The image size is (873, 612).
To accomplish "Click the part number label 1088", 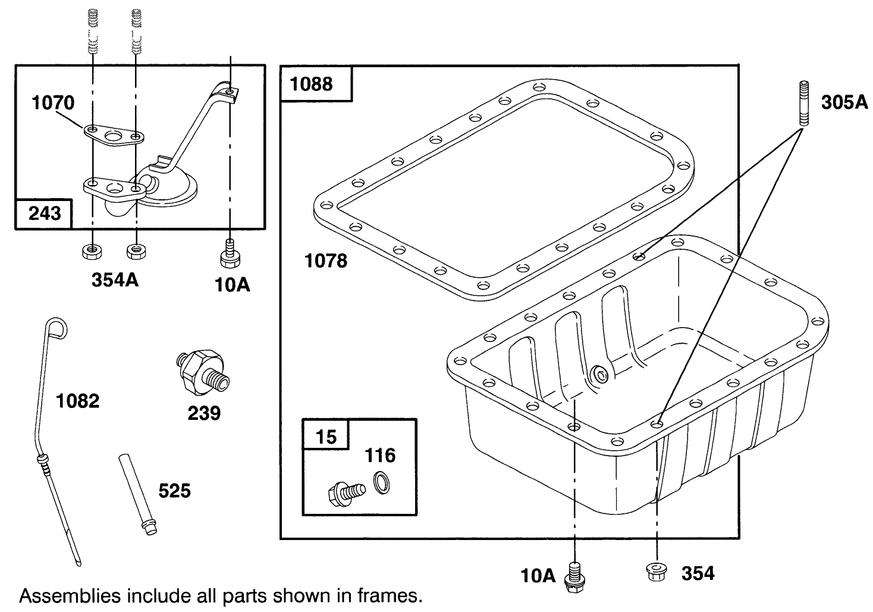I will coord(311,84).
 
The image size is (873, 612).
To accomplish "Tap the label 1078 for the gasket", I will coord(326,261).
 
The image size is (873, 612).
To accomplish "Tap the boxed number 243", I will coord(45,213).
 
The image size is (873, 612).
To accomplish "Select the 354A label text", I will coord(115,280).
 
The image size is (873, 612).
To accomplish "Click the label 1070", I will coord(53,103).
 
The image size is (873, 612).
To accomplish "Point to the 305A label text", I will coord(844,102).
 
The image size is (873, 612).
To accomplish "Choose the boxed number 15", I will coord(325,437).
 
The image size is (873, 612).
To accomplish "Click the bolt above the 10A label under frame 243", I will coord(230,254).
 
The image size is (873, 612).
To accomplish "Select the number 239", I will coord(204,412).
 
